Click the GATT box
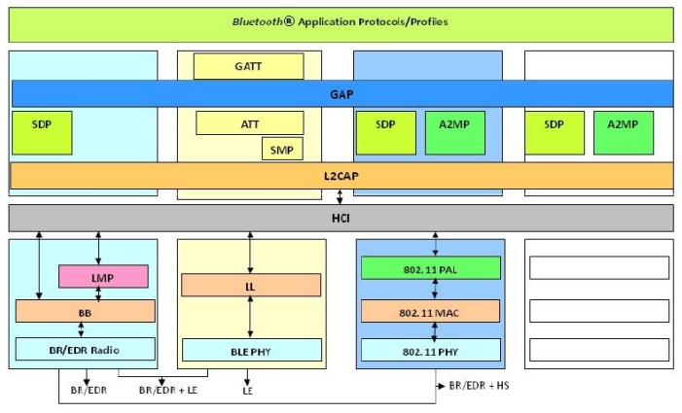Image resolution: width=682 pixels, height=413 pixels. tap(248, 66)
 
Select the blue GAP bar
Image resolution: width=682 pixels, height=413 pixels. tap(341, 93)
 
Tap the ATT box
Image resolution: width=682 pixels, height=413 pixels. tap(250, 123)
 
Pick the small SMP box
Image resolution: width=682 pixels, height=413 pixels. tap(282, 149)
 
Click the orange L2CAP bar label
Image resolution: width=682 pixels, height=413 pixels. tap(341, 176)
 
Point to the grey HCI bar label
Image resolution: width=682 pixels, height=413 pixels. tap(341, 218)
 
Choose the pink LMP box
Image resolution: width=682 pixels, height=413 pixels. tap(103, 276)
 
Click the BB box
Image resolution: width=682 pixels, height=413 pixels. tap(86, 311)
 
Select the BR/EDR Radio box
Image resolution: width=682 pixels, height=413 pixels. tap(86, 349)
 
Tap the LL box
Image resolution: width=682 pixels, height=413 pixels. tap(251, 285)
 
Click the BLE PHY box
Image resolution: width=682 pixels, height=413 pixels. tap(251, 349)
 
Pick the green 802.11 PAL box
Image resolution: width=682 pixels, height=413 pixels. tap(430, 267)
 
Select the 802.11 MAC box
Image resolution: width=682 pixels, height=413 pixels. tap(430, 311)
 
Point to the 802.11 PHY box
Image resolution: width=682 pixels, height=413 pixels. tap(430, 349)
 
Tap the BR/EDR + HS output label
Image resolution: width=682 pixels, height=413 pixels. tap(479, 385)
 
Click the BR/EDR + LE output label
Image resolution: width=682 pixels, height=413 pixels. tap(169, 390)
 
